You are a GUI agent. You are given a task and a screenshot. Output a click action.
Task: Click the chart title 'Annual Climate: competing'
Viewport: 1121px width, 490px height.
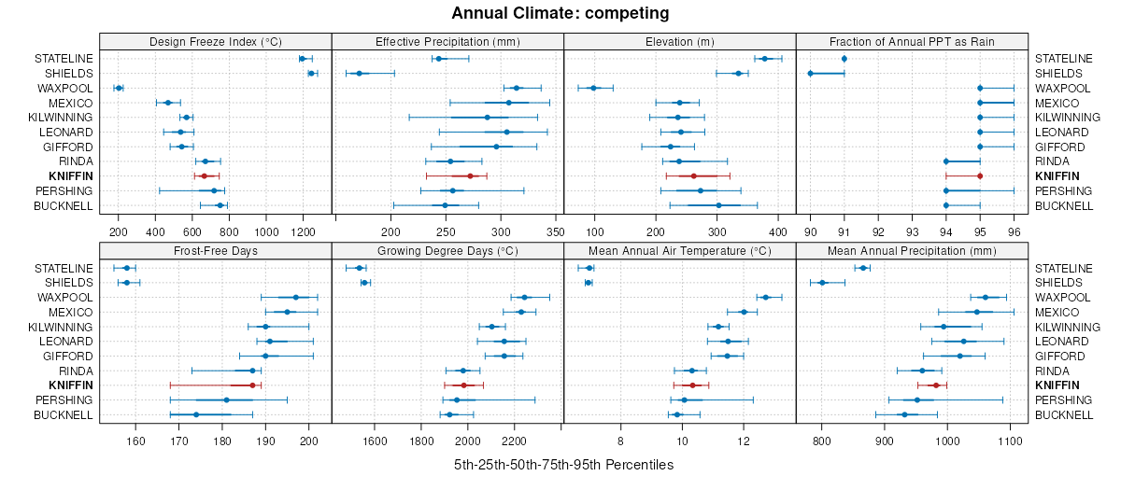(560, 13)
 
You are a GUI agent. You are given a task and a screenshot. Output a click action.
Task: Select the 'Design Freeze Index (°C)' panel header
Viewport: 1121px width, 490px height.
(216, 41)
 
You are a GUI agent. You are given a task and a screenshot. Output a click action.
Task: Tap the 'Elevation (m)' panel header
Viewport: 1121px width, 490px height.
(680, 41)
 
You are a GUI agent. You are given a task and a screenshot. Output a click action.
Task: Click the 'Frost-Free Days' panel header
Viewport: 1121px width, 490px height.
(216, 250)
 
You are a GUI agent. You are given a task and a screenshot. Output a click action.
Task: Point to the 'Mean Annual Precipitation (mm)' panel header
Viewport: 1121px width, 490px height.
(912, 250)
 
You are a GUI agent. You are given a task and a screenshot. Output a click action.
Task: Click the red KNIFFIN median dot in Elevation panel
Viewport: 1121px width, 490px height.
(694, 176)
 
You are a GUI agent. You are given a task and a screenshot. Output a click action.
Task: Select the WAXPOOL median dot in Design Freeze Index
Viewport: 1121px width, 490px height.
(119, 88)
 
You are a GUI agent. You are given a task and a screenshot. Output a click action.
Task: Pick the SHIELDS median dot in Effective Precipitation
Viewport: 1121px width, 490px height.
(359, 73)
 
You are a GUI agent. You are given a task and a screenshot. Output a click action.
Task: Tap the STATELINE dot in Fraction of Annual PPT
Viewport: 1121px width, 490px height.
(844, 59)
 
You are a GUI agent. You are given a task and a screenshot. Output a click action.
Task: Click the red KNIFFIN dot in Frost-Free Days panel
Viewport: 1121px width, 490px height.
(252, 385)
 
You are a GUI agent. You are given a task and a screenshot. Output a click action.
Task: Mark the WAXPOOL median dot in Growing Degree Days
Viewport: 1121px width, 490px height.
(524, 298)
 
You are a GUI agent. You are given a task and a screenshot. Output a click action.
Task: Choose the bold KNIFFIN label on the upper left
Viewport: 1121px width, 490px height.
(72, 176)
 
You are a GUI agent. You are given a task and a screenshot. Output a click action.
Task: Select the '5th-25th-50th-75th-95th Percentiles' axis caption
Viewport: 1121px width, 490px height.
(563, 464)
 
